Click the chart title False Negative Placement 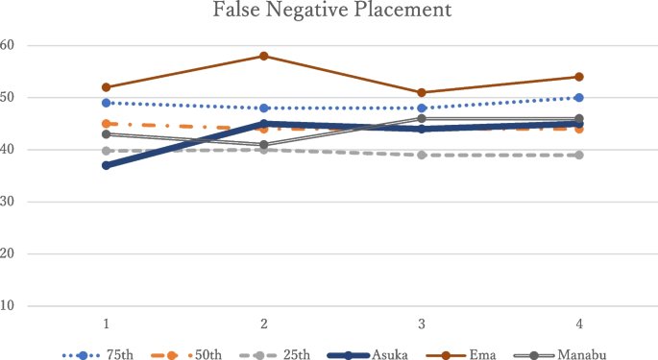coord(329,12)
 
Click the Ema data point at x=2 coord(262,56)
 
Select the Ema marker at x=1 coord(106,87)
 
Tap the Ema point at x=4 coord(578,77)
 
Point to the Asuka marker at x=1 coord(106,165)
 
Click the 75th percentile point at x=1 coord(106,103)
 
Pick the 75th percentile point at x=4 coord(578,98)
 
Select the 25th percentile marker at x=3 coord(421,155)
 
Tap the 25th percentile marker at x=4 coord(578,155)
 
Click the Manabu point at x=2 coord(262,144)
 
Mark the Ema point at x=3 coord(421,92)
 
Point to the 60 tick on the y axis coord(8,45)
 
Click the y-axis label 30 coord(8,202)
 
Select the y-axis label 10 coord(8,306)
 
